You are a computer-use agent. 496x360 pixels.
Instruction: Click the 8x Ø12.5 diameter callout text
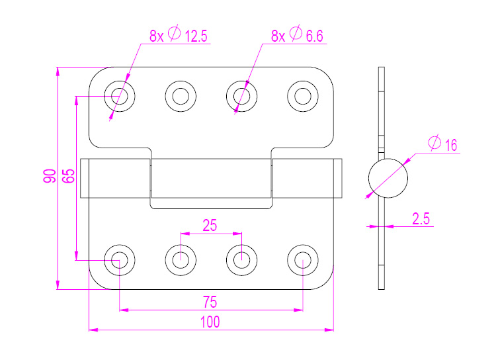(178, 36)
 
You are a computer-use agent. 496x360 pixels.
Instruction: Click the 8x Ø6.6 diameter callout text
(297, 36)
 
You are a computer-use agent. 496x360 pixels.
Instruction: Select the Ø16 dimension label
(443, 144)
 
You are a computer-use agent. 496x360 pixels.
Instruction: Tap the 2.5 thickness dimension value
(421, 219)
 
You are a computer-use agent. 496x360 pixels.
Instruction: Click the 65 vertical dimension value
(68, 176)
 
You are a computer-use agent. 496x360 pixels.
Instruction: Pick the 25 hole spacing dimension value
(210, 225)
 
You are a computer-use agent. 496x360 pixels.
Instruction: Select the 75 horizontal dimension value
(210, 302)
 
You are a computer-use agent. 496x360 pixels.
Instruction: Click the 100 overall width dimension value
(210, 322)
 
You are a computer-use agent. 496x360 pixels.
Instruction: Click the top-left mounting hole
(120, 96)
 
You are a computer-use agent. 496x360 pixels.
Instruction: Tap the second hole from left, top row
(181, 96)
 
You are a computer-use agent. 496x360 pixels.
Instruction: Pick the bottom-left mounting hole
(120, 259)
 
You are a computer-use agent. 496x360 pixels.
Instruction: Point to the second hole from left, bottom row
(181, 259)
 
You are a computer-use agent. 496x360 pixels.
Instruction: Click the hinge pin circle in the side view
(388, 177)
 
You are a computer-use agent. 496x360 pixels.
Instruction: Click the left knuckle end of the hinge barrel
(114, 178)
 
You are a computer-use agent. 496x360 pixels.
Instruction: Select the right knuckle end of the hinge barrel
(308, 178)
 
